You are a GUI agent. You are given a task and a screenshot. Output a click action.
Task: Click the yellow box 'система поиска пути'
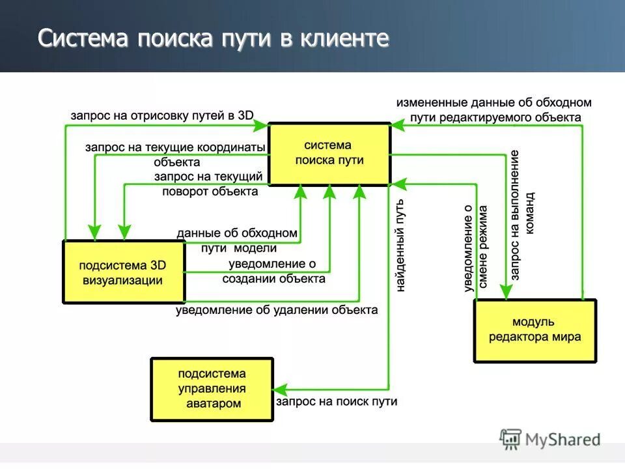click(329, 154)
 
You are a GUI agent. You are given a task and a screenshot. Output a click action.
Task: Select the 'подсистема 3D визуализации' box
click(122, 272)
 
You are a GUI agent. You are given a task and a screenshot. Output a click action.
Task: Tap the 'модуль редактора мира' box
click(535, 330)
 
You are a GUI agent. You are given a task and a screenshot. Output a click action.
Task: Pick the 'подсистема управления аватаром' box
click(212, 389)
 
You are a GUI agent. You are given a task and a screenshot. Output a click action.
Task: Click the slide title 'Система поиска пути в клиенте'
click(213, 38)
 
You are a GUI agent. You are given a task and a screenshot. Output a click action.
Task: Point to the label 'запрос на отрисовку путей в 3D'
click(162, 115)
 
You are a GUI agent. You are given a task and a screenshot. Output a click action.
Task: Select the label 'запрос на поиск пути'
click(336, 402)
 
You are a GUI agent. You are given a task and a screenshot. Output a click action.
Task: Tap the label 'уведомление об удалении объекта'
click(277, 310)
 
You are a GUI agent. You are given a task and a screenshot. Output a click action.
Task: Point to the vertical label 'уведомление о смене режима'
click(475, 248)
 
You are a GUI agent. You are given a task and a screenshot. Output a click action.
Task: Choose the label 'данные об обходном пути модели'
click(238, 240)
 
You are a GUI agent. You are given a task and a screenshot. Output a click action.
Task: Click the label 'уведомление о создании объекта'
click(273, 271)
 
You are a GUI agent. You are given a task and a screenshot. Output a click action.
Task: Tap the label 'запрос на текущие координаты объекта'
click(176, 154)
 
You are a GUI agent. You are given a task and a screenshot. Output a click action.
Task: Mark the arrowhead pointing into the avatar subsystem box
click(280, 390)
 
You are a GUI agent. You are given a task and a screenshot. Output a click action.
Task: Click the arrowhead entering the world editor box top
click(505, 292)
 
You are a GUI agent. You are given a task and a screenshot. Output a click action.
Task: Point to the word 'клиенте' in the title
click(344, 38)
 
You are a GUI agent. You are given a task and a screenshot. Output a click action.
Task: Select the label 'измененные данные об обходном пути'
click(494, 109)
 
